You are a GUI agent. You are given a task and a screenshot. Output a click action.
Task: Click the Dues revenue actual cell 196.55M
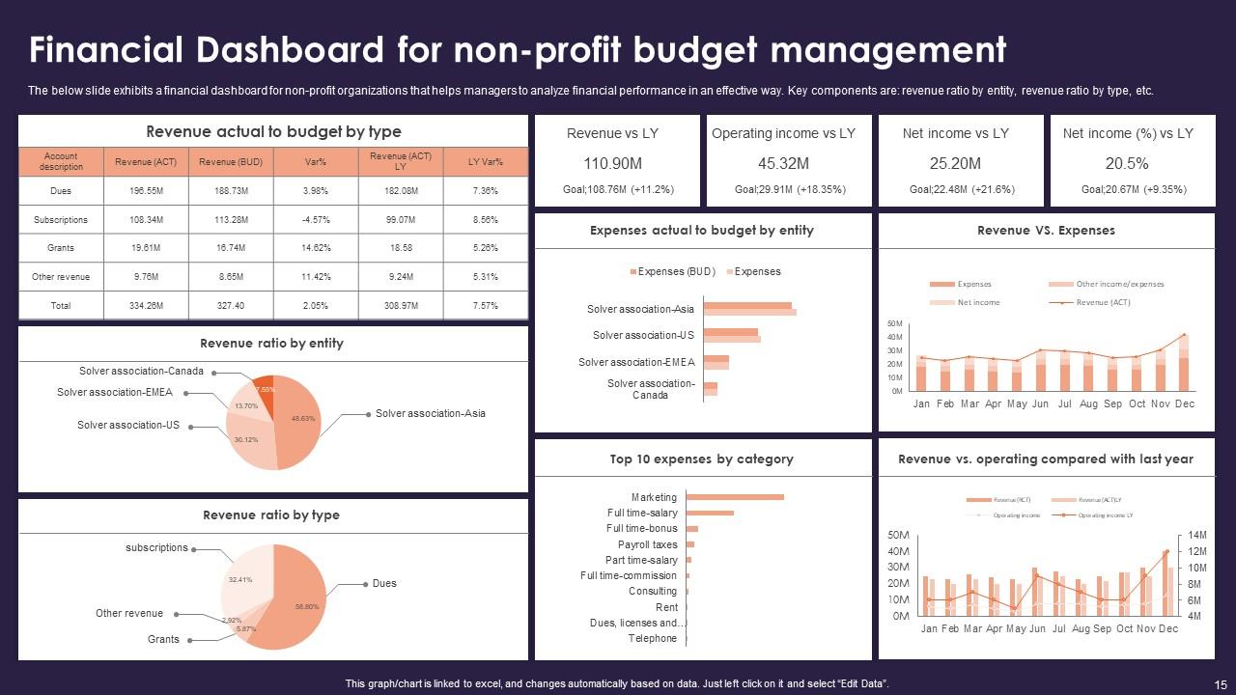pyautogui.click(x=145, y=191)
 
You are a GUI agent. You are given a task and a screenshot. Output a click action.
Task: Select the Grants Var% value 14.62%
pyautogui.click(x=316, y=248)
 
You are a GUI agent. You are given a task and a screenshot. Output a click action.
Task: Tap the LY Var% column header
pyautogui.click(x=486, y=161)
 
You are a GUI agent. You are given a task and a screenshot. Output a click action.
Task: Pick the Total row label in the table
pyautogui.click(x=61, y=305)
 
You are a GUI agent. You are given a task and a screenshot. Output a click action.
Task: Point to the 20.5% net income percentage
pyautogui.click(x=1127, y=163)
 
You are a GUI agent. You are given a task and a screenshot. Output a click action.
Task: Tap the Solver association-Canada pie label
pyautogui.click(x=141, y=371)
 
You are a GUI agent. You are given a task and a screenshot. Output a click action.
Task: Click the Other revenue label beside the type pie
pyautogui.click(x=129, y=613)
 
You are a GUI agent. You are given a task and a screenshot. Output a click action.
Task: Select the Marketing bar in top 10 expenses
pyautogui.click(x=734, y=497)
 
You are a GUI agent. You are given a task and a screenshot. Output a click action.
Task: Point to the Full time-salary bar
pyautogui.click(x=710, y=513)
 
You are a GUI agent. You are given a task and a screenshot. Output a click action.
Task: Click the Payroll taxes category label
pyautogui.click(x=647, y=544)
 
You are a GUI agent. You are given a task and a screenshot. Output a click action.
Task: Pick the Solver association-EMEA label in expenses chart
pyautogui.click(x=636, y=362)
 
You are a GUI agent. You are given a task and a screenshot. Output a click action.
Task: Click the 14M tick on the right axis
pyautogui.click(x=1197, y=535)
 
